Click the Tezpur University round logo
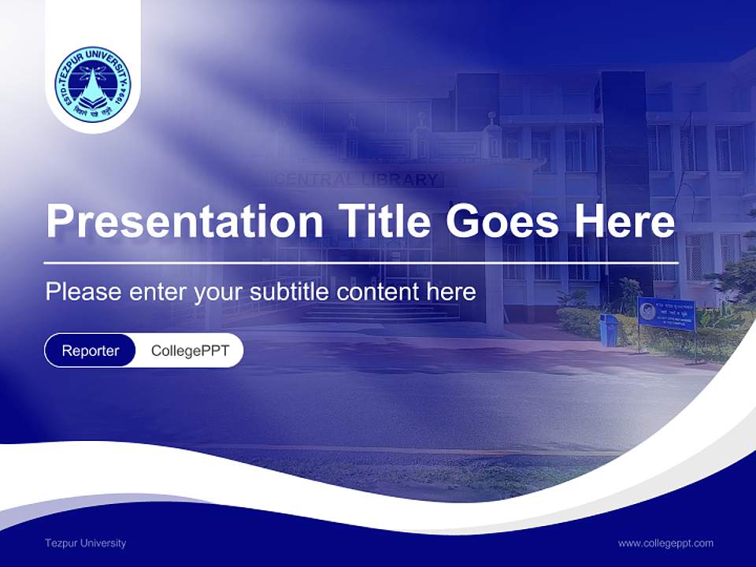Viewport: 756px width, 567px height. [x=93, y=84]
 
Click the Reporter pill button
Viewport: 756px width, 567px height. [x=91, y=350]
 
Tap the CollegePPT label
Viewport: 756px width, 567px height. [x=190, y=350]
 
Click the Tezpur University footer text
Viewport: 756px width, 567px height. [x=85, y=543]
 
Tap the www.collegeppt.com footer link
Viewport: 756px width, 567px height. [x=665, y=543]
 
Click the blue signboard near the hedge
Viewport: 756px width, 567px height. [x=666, y=313]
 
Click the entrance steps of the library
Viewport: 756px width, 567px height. [x=378, y=313]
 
